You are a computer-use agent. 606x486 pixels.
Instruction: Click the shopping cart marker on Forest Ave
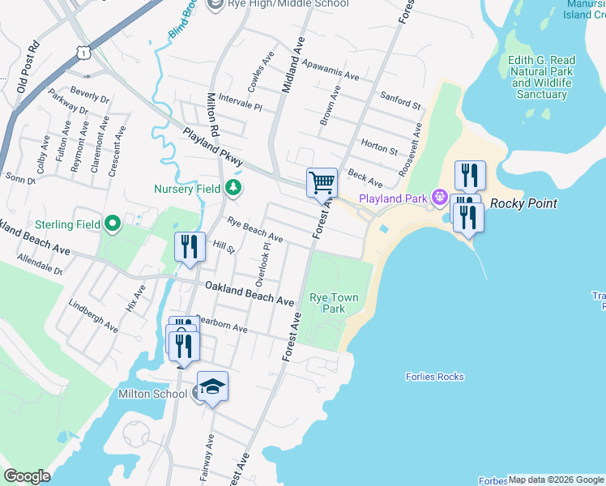click(322, 182)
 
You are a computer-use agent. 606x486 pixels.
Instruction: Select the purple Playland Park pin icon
click(440, 196)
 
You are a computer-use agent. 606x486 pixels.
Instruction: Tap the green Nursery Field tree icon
click(233, 189)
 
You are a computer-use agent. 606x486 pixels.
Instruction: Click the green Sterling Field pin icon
click(112, 224)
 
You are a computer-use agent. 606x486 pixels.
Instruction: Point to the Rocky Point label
click(523, 204)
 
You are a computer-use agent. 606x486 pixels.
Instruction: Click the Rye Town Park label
click(327, 303)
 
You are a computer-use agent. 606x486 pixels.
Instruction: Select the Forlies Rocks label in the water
click(434, 377)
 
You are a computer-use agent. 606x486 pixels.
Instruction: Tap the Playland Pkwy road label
click(212, 147)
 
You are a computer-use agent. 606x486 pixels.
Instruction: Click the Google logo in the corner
click(27, 476)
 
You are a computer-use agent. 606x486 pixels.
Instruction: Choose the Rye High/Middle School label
click(278, 4)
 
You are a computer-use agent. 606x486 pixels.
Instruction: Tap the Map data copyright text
click(556, 480)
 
